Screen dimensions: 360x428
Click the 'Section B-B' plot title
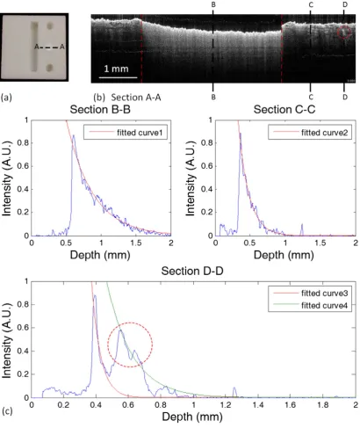coord(100,109)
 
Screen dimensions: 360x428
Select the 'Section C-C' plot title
coord(284,109)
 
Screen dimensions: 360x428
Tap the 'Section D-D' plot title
coord(192,271)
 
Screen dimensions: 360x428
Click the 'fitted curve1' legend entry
coord(126,133)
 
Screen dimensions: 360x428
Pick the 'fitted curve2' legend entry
coord(311,133)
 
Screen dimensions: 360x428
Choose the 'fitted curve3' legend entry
coord(311,294)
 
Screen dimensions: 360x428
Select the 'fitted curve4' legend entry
coord(311,306)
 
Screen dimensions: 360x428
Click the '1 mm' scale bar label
coord(116,69)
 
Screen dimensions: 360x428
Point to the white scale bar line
coord(118,77)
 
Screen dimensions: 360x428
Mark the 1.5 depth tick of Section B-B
coord(135,243)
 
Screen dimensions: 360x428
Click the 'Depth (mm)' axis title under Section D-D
coord(192,417)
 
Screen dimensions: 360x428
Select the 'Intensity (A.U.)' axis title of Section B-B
coord(6,178)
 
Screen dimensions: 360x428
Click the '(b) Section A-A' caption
coord(127,97)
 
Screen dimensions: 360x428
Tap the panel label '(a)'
coord(6,97)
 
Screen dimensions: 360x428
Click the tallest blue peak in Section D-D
coord(95,296)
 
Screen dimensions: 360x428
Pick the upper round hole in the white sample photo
coord(50,26)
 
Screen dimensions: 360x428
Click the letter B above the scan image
coord(213,4)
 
